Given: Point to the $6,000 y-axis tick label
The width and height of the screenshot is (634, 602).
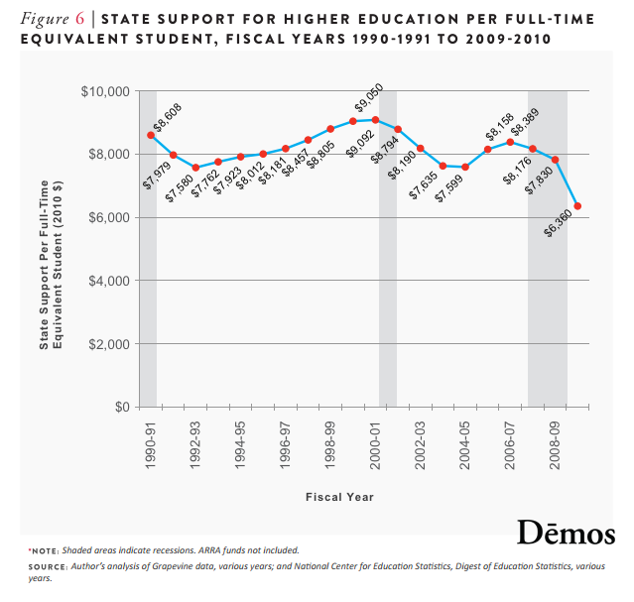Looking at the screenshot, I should click(111, 217).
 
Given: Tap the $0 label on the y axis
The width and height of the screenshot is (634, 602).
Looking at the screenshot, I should click(122, 408).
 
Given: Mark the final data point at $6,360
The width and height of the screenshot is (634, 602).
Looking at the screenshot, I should click(577, 206).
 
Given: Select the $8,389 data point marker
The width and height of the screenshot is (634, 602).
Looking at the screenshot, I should click(510, 142).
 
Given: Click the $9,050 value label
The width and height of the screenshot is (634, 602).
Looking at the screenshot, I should click(368, 104).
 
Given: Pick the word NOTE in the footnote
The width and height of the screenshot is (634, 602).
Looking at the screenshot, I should click(46, 549).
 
